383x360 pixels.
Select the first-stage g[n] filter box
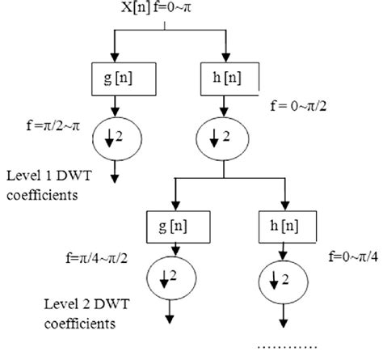pyautogui.click(x=118, y=79)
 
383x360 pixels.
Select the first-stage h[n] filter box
pyautogui.click(x=229, y=79)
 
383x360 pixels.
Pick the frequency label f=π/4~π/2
pyautogui.click(x=101, y=259)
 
